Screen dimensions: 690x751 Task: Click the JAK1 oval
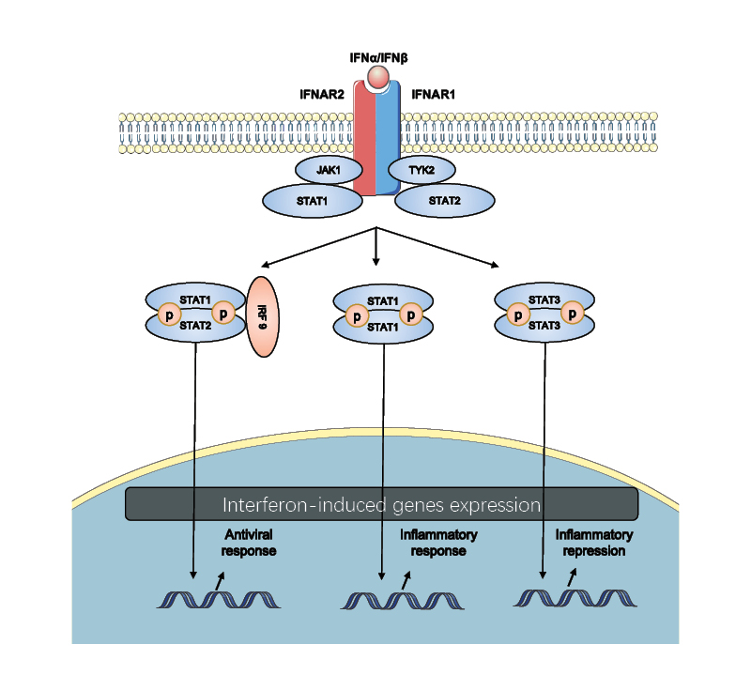324,170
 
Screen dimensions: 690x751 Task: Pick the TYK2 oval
424,170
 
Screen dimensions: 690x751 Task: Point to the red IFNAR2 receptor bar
364,141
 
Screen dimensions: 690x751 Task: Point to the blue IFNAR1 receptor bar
389,141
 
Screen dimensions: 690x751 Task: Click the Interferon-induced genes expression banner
381,504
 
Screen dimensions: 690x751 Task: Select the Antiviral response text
249,543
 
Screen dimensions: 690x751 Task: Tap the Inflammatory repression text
590,544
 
